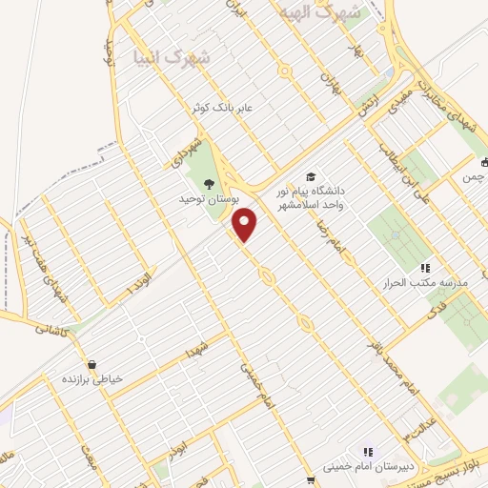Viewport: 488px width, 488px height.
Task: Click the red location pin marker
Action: [246, 224]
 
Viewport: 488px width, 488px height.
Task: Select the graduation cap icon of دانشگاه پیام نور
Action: [310, 177]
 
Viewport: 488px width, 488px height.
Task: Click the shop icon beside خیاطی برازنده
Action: [91, 364]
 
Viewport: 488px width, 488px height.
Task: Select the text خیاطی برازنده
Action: [92, 379]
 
